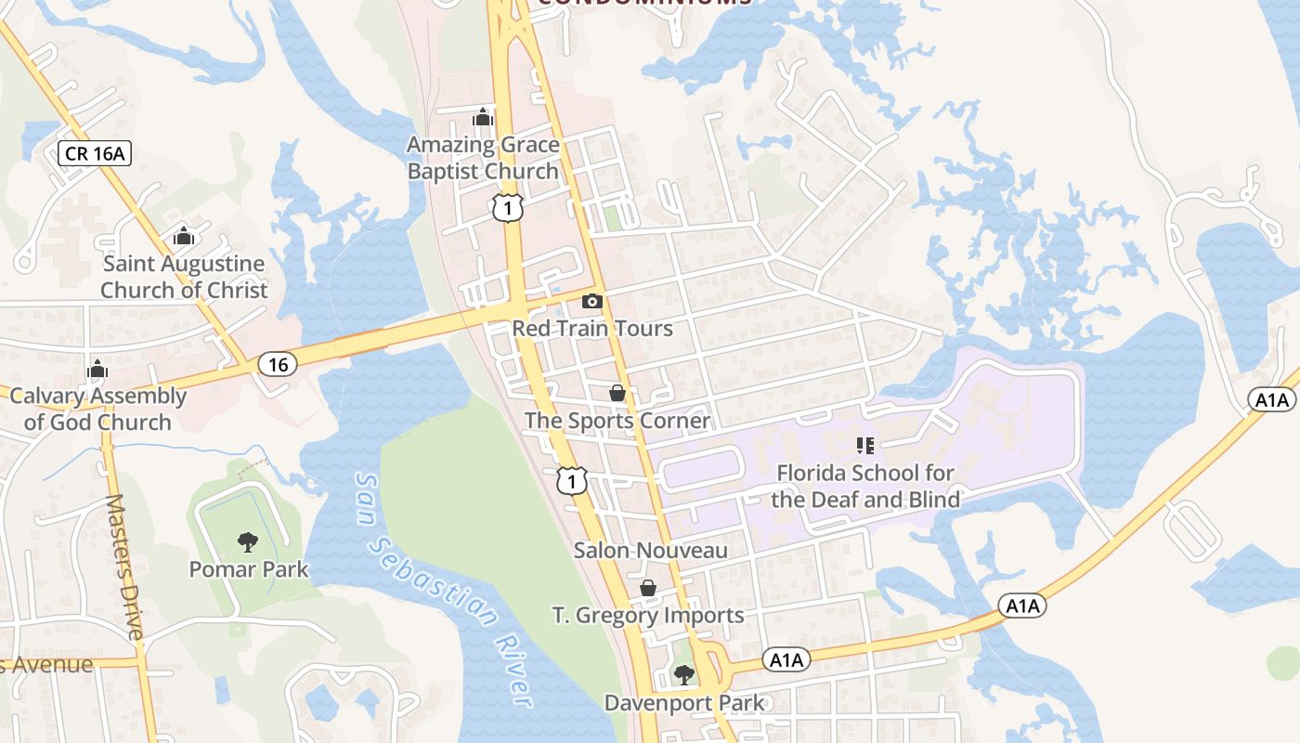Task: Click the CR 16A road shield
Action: tap(95, 153)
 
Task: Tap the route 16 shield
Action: tap(278, 364)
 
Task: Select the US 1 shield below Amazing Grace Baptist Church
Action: tap(508, 207)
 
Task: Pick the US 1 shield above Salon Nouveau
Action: tap(572, 480)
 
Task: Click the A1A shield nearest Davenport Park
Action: tap(786, 660)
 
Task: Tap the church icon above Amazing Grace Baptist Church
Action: tap(483, 117)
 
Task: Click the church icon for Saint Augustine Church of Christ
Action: tap(184, 236)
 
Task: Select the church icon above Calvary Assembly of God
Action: tap(97, 369)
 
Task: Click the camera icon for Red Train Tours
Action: tap(591, 301)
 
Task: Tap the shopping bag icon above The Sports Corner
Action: tap(617, 393)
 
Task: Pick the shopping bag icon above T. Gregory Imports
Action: tap(648, 588)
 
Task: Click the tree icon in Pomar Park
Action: tap(248, 541)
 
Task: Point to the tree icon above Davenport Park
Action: tap(684, 675)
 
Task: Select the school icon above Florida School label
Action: tap(865, 446)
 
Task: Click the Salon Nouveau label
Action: tap(650, 551)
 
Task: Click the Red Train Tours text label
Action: tap(592, 329)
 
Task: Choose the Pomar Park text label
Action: tap(249, 568)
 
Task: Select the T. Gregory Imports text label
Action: tap(648, 615)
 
